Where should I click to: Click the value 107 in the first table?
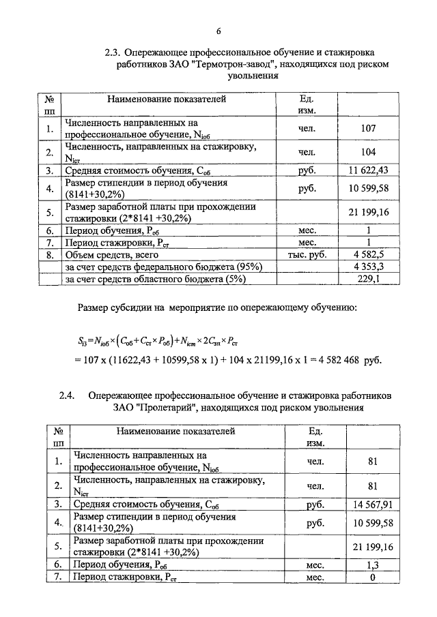(x=368, y=128)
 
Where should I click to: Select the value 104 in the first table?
(x=368, y=152)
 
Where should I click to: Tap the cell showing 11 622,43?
(x=368, y=170)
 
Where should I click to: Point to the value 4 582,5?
(x=368, y=255)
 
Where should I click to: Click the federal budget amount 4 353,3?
(x=368, y=267)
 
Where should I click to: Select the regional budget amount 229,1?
(x=368, y=278)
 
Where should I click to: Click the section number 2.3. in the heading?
(x=113, y=52)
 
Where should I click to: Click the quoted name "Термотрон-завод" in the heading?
(x=233, y=64)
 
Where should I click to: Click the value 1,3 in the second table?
(x=372, y=565)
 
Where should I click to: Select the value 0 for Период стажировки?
(x=372, y=577)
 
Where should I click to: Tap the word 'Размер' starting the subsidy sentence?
(x=94, y=309)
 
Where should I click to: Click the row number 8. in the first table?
(x=49, y=255)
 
